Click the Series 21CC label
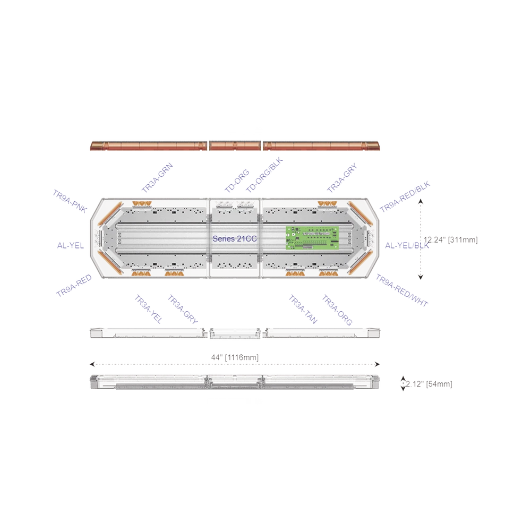235,239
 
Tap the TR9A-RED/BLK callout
404,198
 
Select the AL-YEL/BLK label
404,245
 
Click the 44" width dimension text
235,358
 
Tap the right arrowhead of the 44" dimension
378,364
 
